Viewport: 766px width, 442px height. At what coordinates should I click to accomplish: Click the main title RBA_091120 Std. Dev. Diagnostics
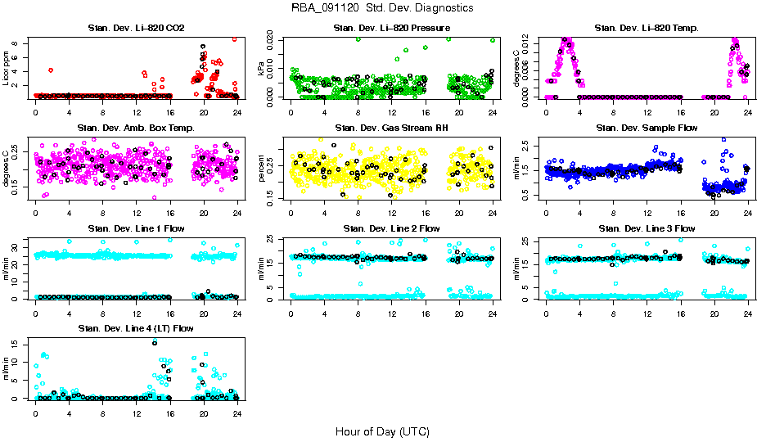[382, 7]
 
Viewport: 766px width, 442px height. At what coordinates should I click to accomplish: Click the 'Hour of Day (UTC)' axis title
[382, 431]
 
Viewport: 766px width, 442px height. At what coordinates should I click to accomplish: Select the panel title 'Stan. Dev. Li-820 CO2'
[136, 29]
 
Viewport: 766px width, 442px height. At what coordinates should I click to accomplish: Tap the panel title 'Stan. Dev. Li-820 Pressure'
[392, 29]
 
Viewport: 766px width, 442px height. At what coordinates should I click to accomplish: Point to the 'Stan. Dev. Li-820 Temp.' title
[647, 29]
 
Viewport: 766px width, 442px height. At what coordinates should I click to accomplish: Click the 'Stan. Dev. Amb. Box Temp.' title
[136, 129]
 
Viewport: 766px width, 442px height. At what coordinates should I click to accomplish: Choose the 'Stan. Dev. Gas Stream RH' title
[392, 129]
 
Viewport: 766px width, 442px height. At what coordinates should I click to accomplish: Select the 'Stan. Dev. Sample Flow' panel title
[647, 129]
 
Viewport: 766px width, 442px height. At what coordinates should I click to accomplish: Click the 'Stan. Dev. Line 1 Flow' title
[136, 228]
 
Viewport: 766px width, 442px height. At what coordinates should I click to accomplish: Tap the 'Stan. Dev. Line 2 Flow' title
[392, 228]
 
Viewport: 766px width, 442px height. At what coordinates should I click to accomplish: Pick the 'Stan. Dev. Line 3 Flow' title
[647, 228]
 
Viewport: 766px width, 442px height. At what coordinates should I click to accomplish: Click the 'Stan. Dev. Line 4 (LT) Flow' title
[136, 328]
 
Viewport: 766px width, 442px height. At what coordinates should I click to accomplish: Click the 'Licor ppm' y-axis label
[7, 68]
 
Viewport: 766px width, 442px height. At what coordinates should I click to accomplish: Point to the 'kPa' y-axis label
[262, 68]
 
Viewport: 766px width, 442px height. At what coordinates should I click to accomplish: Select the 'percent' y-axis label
[262, 168]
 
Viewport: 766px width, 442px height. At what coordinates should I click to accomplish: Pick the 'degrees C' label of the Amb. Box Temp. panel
[7, 168]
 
